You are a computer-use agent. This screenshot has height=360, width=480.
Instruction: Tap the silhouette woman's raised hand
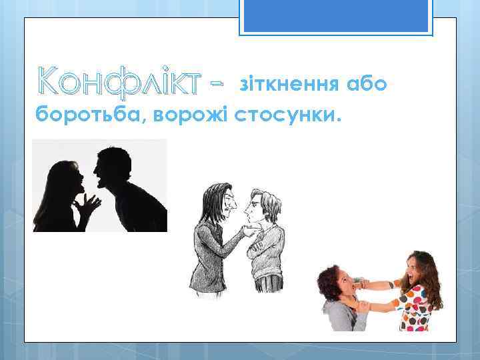pos(85,206)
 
